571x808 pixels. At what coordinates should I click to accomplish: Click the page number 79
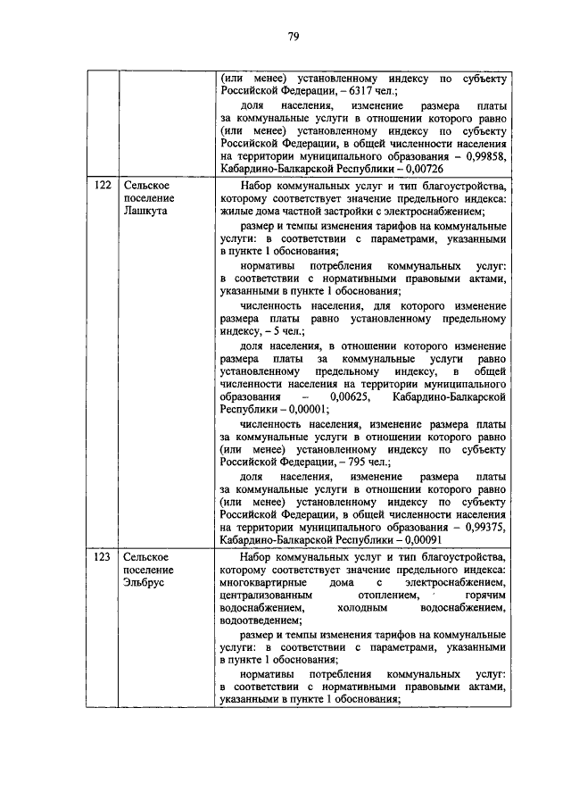[x=292, y=36]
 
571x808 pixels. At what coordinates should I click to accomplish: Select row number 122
[x=103, y=187]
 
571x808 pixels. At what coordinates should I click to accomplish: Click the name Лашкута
[x=145, y=215]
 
